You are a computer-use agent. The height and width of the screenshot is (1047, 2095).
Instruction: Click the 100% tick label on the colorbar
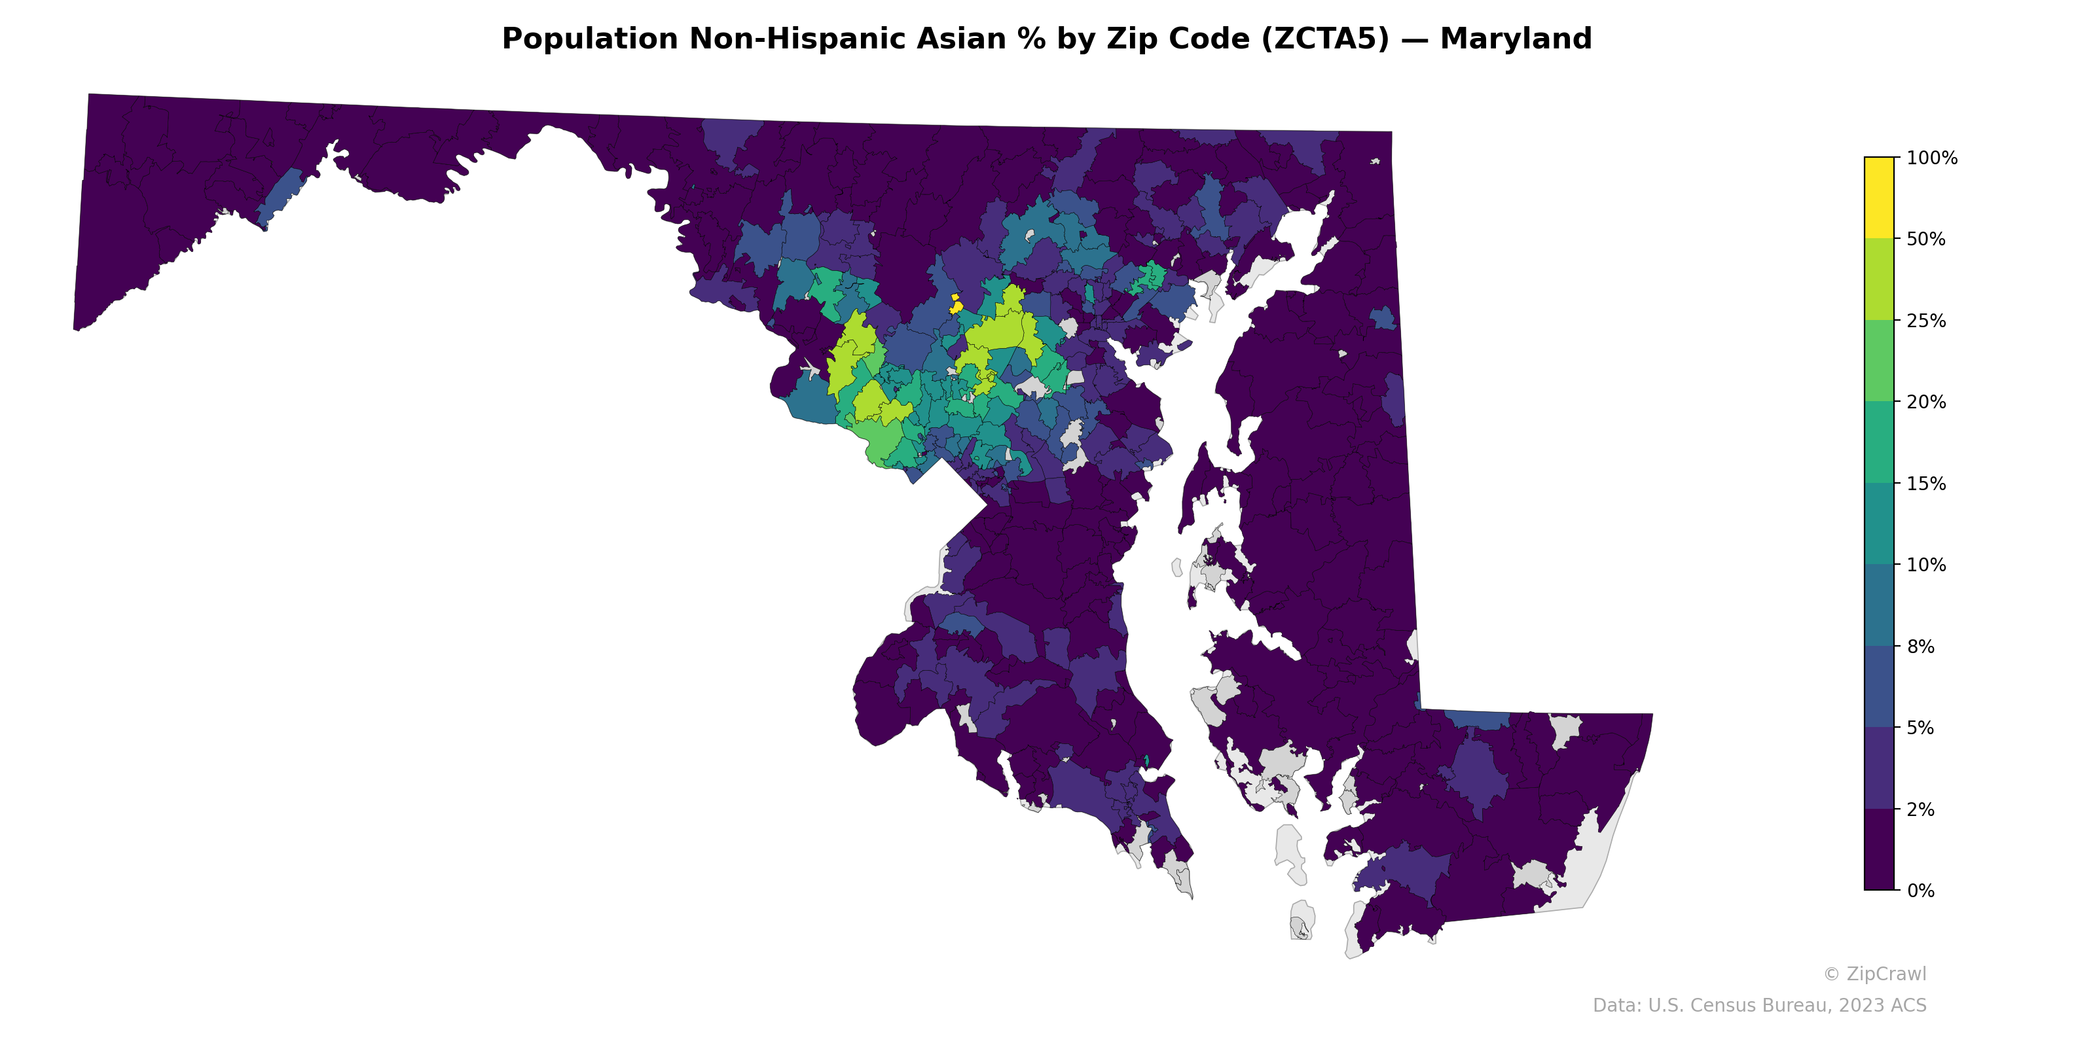click(1931, 158)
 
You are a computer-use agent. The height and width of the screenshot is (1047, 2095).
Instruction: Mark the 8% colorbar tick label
click(1920, 647)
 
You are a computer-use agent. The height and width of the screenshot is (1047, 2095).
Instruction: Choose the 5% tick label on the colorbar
click(1920, 728)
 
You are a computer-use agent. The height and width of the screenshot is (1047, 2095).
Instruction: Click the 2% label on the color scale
click(1920, 809)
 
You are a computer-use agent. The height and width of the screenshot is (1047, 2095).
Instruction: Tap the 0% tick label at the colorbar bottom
click(1920, 891)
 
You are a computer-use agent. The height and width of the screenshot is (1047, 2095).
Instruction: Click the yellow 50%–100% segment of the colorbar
click(1879, 198)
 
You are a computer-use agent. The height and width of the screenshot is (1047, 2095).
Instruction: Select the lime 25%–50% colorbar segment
click(1879, 279)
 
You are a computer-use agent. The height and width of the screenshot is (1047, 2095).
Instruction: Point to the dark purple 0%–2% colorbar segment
click(1879, 849)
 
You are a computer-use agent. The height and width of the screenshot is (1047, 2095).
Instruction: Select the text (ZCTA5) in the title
click(1325, 39)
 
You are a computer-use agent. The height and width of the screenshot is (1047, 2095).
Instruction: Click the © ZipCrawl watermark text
click(1874, 974)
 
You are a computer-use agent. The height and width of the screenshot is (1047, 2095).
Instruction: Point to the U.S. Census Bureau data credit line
click(1759, 1006)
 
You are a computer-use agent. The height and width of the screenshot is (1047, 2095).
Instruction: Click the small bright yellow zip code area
click(956, 305)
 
